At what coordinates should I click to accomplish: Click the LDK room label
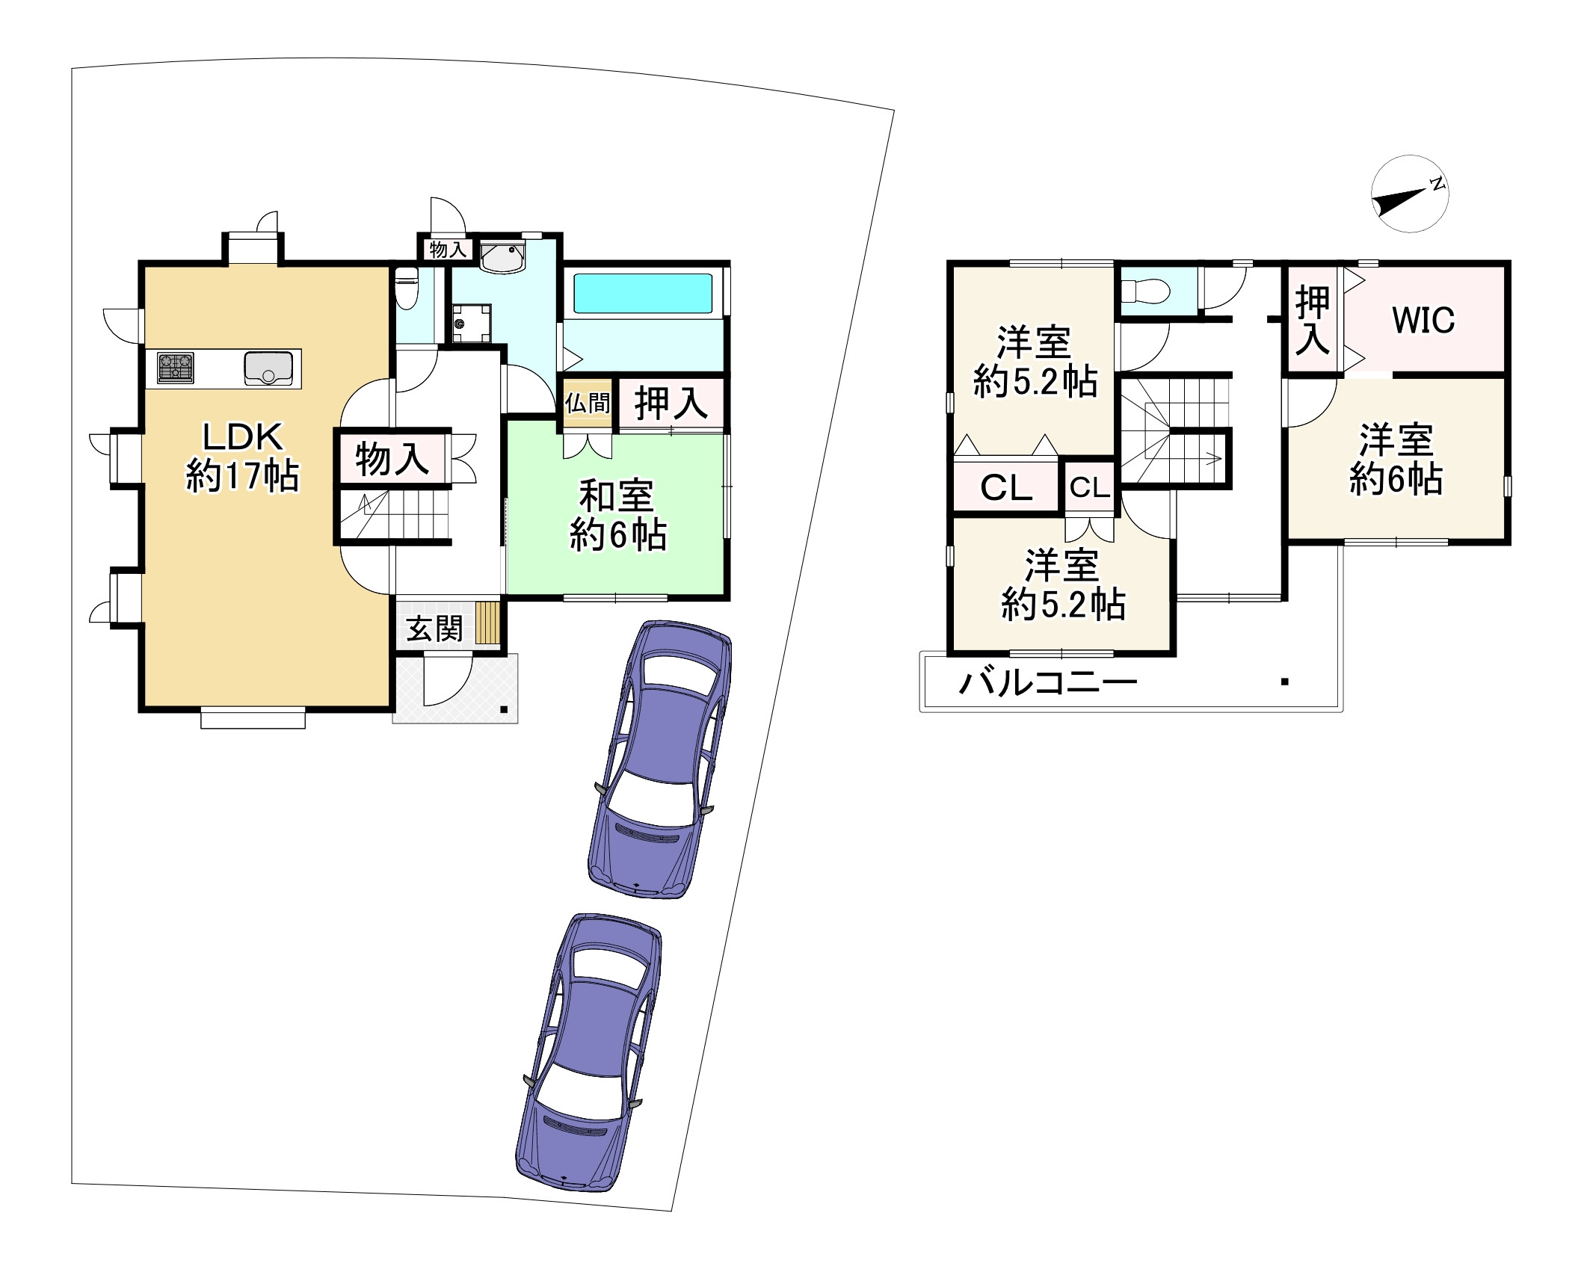pyautogui.click(x=242, y=457)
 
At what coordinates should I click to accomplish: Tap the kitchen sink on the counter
pyautogui.click(x=268, y=368)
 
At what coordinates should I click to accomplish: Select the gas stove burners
pyautogui.click(x=176, y=368)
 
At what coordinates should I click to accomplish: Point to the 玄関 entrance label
pyautogui.click(x=434, y=629)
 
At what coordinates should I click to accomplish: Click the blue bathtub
pyautogui.click(x=642, y=293)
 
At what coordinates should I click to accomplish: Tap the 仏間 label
pyautogui.click(x=588, y=404)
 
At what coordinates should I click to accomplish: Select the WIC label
pyautogui.click(x=1423, y=321)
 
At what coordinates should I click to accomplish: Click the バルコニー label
pyautogui.click(x=1048, y=682)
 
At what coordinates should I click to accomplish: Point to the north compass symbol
pyautogui.click(x=1410, y=194)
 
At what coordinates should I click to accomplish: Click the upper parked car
pyautogui.click(x=661, y=759)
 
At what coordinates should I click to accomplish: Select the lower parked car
pyautogui.click(x=589, y=1052)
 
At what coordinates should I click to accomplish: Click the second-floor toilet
pyautogui.click(x=1146, y=291)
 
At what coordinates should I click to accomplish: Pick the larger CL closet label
pyautogui.click(x=1006, y=488)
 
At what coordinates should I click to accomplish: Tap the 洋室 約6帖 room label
pyautogui.click(x=1396, y=459)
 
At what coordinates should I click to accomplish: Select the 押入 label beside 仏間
pyautogui.click(x=671, y=404)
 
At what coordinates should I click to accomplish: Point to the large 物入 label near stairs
pyautogui.click(x=392, y=458)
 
